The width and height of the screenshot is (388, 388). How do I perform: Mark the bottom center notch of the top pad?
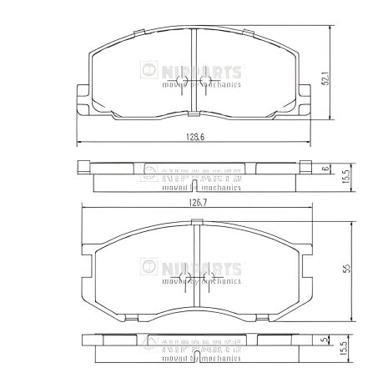click(x=194, y=113)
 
